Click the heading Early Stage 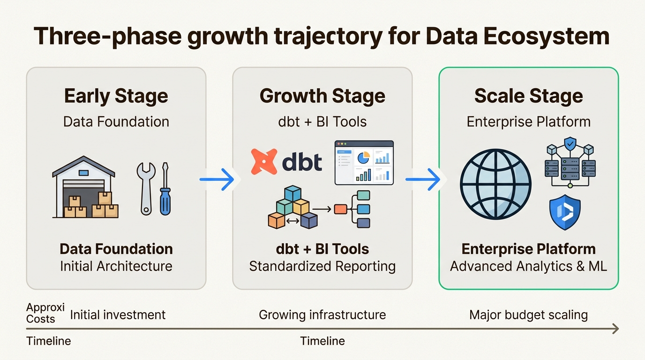tap(116, 96)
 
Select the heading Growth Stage tap(322, 96)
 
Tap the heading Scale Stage tap(528, 96)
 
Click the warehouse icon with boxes tap(85, 187)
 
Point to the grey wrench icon tap(146, 187)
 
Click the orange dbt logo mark tap(264, 162)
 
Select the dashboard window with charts tap(364, 162)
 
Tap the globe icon tap(495, 184)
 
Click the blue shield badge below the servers tap(565, 212)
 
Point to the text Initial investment tap(118, 315)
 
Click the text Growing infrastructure tap(322, 315)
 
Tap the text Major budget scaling tap(528, 315)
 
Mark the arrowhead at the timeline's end tap(615, 329)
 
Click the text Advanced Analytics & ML tap(528, 266)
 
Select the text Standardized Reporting tap(322, 266)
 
